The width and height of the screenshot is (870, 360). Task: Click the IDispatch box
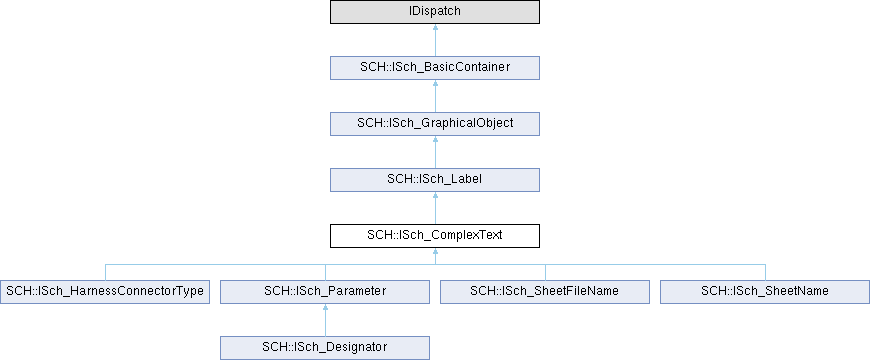tap(434, 12)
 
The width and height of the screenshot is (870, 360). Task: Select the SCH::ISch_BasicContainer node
tap(434, 68)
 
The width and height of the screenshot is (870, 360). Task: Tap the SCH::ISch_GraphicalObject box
tap(434, 124)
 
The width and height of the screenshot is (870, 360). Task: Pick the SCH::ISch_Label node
tap(434, 180)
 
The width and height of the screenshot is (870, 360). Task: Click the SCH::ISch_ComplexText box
tap(434, 236)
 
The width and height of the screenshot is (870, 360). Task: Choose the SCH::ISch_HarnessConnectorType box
tap(105, 292)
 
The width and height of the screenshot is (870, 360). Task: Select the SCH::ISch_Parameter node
tap(325, 292)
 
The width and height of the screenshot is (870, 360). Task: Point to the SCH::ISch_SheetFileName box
tap(544, 292)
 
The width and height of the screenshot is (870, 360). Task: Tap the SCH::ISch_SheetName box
tap(765, 292)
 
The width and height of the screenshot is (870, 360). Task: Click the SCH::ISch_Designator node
tap(325, 348)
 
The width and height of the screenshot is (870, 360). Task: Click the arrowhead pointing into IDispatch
tap(435, 27)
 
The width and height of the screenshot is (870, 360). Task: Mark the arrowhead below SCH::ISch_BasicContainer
tap(435, 83)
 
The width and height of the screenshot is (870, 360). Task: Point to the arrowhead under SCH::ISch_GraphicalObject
tap(435, 139)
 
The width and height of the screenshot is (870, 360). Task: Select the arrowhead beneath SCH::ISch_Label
tap(435, 195)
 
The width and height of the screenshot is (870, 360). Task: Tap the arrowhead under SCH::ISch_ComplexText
tap(435, 251)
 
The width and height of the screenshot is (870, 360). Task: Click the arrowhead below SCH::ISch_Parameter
tap(325, 307)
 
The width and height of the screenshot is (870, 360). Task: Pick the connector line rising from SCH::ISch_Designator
tap(325, 323)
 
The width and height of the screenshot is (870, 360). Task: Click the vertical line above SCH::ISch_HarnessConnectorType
tap(105, 272)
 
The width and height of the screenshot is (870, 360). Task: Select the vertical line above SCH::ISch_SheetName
tap(765, 272)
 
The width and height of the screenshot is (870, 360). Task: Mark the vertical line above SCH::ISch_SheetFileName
tap(545, 272)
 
